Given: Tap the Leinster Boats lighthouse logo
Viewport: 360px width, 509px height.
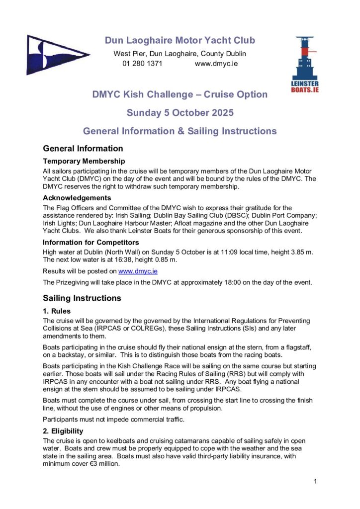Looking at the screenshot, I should [304, 65].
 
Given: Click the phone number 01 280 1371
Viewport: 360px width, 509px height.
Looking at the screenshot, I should [142, 64].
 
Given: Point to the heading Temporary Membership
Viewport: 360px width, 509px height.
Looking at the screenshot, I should [84, 161].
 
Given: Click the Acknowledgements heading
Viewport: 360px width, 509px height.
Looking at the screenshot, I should [77, 198].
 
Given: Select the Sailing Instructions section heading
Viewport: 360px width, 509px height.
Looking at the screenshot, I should [82, 298].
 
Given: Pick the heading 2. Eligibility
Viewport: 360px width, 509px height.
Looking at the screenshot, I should [63, 431].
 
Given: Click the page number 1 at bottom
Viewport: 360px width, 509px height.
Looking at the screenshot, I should [316, 481].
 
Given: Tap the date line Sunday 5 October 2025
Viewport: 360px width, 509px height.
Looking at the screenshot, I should [180, 113].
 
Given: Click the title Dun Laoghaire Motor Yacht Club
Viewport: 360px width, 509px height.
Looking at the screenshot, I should [180, 41].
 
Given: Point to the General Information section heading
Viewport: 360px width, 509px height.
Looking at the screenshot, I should [83, 148].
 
